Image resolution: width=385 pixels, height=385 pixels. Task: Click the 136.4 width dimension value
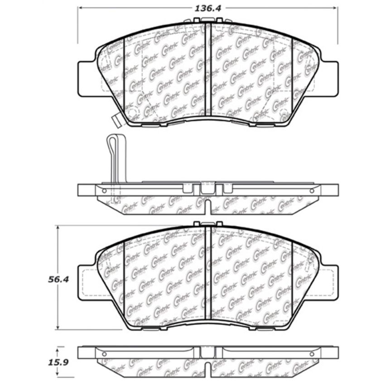[207, 8]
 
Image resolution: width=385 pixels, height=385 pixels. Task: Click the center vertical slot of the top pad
[208, 72]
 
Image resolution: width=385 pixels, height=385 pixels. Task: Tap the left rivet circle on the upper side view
[104, 191]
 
